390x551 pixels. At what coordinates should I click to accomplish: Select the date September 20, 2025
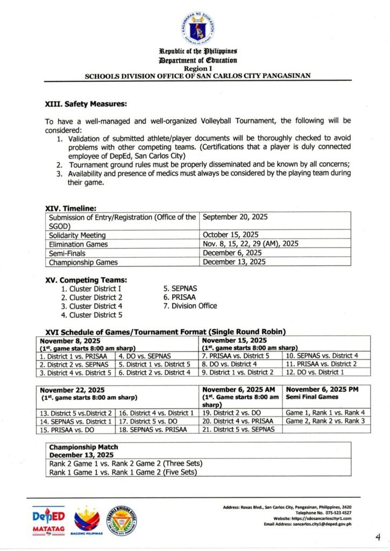(x=235, y=217)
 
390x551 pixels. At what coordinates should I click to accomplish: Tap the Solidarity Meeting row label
(x=77, y=235)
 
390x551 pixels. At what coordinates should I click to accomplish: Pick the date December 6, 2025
(x=232, y=253)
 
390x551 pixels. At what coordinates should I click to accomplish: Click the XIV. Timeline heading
(x=70, y=208)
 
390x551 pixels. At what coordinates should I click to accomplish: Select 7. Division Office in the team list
(x=190, y=306)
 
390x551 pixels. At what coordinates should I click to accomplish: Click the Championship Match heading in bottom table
(x=83, y=447)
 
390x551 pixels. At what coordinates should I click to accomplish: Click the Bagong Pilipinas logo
(x=87, y=520)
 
